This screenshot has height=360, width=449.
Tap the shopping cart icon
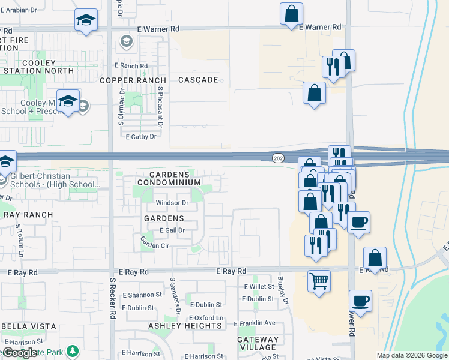click(319, 280)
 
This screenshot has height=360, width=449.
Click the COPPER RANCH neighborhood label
click(133, 80)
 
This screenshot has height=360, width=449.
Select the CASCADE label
click(198, 80)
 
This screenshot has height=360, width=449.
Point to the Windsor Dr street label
click(172, 203)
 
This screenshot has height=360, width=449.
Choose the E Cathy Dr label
click(141, 137)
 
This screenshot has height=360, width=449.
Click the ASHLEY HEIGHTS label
click(185, 326)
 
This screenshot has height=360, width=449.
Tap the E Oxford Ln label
click(206, 318)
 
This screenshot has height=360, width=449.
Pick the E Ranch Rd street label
click(131, 66)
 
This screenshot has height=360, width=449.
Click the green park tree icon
click(73, 350)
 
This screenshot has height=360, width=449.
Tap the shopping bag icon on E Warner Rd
click(291, 14)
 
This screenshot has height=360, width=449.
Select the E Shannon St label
click(142, 295)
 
